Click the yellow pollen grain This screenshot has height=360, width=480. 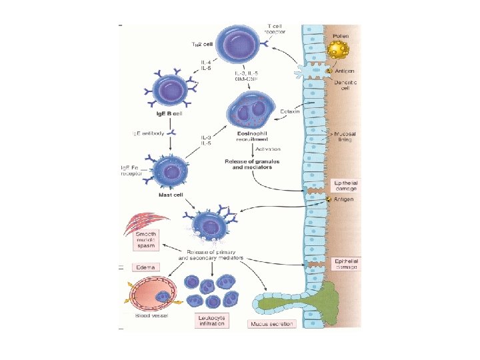click(339, 50)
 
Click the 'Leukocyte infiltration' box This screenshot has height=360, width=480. click(213, 321)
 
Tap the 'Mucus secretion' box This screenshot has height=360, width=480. click(272, 325)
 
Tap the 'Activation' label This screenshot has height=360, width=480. click(269, 149)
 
